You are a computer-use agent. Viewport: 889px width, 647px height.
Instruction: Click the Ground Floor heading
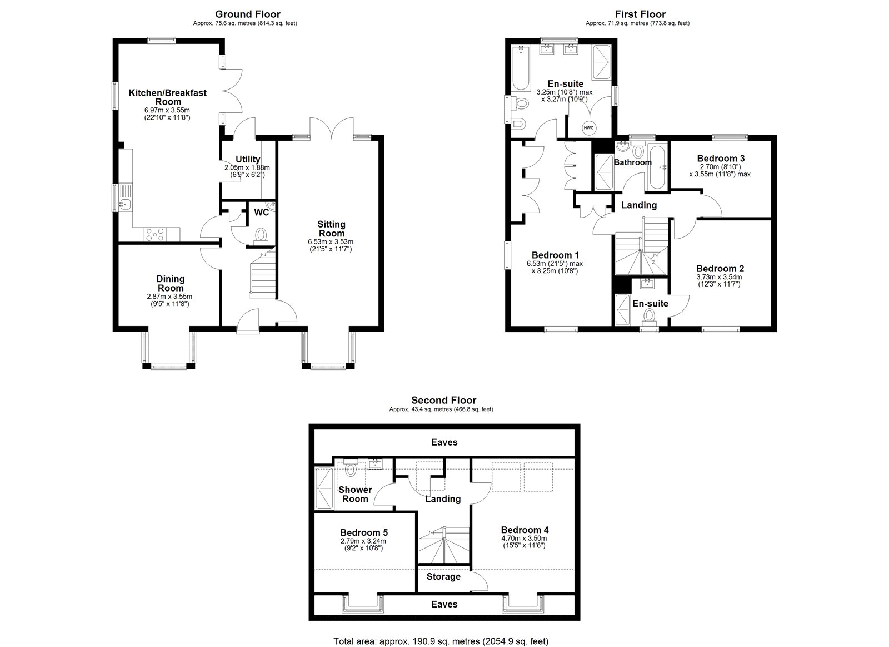[x=247, y=14]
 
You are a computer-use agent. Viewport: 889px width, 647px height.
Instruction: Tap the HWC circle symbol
[x=588, y=128]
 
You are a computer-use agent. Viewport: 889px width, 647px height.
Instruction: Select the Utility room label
[x=248, y=160]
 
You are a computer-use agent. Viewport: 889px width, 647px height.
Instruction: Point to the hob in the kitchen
[x=156, y=235]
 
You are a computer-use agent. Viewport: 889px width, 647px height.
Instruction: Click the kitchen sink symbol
[x=126, y=204]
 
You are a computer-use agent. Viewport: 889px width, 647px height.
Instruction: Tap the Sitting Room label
[x=331, y=229]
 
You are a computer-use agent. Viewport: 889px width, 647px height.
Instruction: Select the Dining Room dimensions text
[x=170, y=300]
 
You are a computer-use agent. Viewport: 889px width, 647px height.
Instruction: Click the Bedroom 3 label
[x=721, y=159]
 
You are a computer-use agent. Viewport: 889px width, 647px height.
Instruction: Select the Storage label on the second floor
[x=443, y=577]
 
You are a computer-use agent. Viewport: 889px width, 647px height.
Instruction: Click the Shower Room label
[x=355, y=494]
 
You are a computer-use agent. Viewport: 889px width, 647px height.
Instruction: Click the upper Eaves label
[x=444, y=442]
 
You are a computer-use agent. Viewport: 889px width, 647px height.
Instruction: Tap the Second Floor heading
[x=443, y=400]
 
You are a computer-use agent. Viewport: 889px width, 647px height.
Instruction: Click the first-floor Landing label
[x=639, y=205]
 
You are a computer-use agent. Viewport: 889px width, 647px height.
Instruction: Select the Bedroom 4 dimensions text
[x=524, y=542]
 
